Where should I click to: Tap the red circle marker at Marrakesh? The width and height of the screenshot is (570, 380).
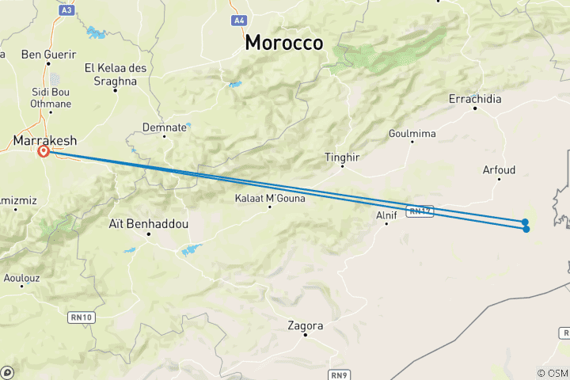[44, 151]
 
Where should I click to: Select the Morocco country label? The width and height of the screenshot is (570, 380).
[283, 44]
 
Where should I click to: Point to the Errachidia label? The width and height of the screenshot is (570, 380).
[475, 99]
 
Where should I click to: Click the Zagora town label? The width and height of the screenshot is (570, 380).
[306, 325]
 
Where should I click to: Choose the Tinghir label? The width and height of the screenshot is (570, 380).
[342, 158]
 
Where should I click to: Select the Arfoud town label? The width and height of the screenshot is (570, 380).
[499, 169]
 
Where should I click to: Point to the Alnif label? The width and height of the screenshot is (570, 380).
[386, 214]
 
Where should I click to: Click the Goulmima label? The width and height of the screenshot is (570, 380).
[412, 134]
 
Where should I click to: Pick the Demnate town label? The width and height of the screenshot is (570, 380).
[165, 127]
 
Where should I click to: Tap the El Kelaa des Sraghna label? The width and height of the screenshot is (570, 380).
[116, 74]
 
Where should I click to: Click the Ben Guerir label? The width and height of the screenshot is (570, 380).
[48, 55]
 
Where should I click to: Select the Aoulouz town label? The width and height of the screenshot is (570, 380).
[22, 279]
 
